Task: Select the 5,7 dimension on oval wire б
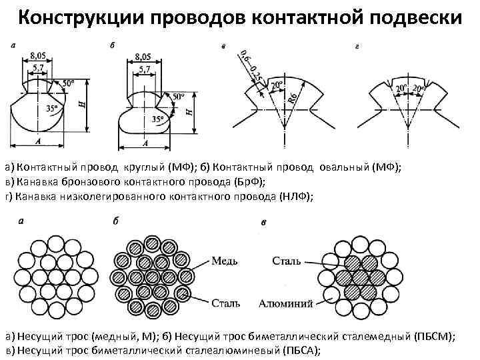(x=143, y=69)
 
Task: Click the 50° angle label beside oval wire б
(x=178, y=97)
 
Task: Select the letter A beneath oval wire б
(x=145, y=144)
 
